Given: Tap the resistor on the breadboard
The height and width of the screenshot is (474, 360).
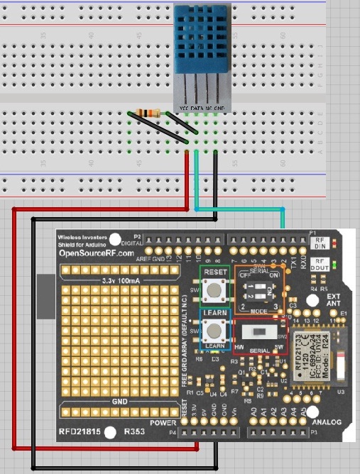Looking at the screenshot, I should (x=150, y=113).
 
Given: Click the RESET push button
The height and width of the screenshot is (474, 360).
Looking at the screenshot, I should (x=212, y=289).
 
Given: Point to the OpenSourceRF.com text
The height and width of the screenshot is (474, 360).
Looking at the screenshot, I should (x=96, y=253).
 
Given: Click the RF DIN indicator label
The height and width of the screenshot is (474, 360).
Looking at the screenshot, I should (x=319, y=243).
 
